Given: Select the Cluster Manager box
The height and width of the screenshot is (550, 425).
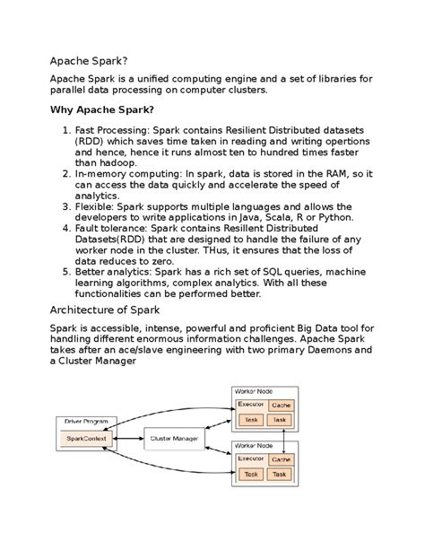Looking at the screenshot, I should (x=174, y=438).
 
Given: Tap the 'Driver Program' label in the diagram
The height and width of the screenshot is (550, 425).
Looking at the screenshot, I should (x=84, y=420).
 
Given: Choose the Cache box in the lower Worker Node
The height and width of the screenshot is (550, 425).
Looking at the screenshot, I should (x=281, y=458).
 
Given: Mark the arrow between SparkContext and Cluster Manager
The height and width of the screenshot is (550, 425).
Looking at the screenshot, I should (x=129, y=438).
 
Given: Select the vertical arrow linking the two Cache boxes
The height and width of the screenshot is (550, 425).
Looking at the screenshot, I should (x=284, y=432).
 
